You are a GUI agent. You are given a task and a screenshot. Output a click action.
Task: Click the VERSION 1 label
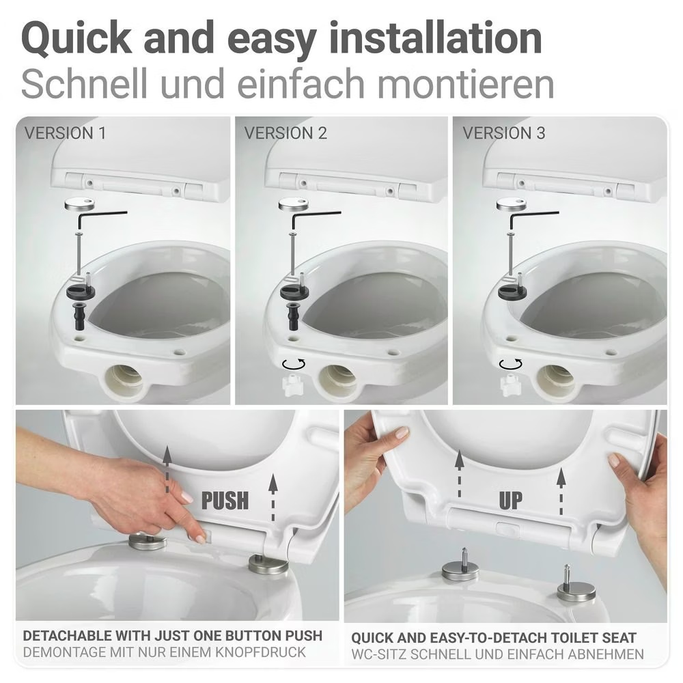click(65, 133)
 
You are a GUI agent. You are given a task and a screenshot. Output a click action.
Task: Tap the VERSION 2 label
click(285, 133)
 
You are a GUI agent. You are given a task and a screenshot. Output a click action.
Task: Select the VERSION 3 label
click(503, 133)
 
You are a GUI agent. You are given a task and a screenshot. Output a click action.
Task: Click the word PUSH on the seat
click(225, 501)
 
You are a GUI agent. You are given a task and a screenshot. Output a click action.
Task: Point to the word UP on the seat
click(510, 501)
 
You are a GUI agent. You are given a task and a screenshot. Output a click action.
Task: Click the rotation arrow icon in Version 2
click(294, 364)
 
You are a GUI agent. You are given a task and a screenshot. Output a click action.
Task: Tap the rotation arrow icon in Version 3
click(510, 364)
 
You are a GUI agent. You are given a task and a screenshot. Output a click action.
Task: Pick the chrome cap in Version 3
click(510, 205)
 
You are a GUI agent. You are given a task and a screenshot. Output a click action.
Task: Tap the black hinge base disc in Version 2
click(294, 291)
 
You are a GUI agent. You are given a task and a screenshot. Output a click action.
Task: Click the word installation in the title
click(436, 38)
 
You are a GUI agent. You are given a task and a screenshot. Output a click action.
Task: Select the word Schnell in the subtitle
click(83, 83)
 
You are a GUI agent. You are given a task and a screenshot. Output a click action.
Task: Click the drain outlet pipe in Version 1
click(124, 379)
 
